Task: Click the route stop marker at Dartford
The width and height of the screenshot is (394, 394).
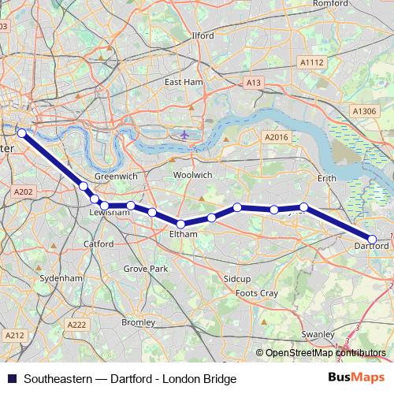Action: pyautogui.click(x=372, y=239)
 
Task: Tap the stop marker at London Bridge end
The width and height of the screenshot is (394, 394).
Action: pyautogui.click(x=22, y=133)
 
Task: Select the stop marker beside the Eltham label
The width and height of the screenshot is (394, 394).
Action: pyautogui.click(x=181, y=224)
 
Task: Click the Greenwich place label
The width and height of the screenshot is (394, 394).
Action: pyautogui.click(x=110, y=177)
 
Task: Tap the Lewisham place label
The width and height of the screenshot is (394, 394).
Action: pyautogui.click(x=109, y=213)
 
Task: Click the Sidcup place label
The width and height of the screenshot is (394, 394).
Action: pyautogui.click(x=236, y=279)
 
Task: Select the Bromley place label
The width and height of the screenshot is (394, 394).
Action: pyautogui.click(x=139, y=322)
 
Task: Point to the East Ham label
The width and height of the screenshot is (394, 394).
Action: pyautogui.click(x=184, y=82)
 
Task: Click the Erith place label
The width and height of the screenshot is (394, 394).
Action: pyautogui.click(x=326, y=179)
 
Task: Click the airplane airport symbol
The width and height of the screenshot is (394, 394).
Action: pyautogui.click(x=184, y=134)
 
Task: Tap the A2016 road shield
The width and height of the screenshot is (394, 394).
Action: pyautogui.click(x=277, y=137)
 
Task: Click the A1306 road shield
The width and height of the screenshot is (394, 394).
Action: pyautogui.click(x=365, y=112)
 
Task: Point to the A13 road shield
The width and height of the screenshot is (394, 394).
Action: pyautogui.click(x=253, y=82)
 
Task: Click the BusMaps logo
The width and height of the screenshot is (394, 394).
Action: pyautogui.click(x=356, y=377)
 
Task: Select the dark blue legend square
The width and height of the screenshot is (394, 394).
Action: pyautogui.click(x=11, y=378)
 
